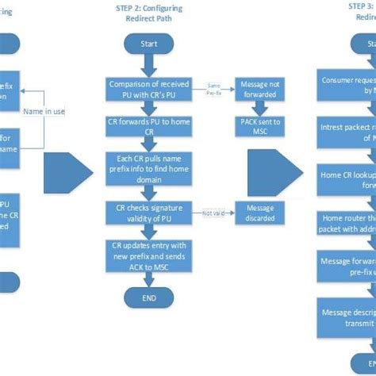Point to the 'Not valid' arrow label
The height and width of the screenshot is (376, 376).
point(212,213)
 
